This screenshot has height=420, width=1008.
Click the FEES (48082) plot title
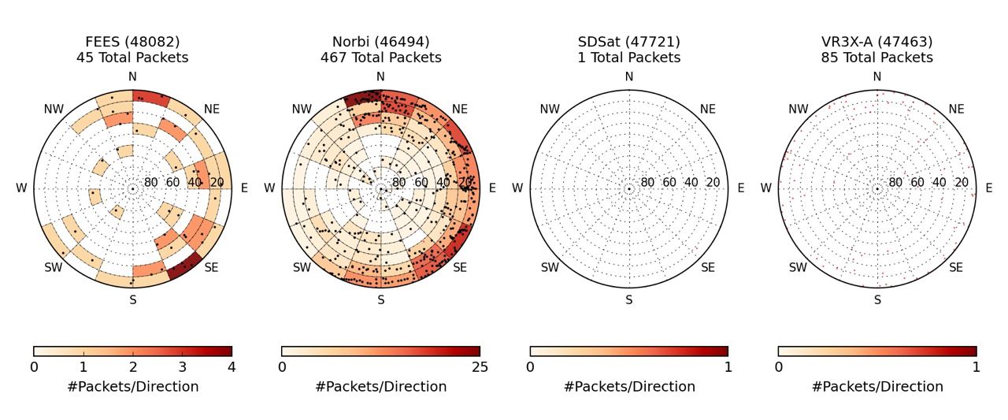132,42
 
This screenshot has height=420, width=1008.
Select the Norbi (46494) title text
380,42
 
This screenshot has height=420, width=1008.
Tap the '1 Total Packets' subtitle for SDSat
628,58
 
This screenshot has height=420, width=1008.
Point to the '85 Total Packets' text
877,58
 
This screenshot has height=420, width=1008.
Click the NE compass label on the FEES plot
212,110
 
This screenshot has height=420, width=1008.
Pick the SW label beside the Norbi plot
302,268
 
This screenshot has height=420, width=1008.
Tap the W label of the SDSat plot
517,188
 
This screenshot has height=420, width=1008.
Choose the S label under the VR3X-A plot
877,300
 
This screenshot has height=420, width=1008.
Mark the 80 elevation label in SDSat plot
647,183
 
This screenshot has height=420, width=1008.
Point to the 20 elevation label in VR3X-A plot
962,183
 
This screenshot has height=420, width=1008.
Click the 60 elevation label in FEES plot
172,183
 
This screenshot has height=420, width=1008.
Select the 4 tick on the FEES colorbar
232,367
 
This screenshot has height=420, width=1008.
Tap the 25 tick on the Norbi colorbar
480,367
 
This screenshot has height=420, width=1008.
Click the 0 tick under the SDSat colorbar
530,367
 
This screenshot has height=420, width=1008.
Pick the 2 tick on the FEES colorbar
132,367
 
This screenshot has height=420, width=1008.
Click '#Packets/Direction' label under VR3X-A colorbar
877,387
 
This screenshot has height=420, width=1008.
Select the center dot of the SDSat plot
629,189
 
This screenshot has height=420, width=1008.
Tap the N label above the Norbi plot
380,76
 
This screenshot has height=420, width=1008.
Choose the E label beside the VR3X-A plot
989,188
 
